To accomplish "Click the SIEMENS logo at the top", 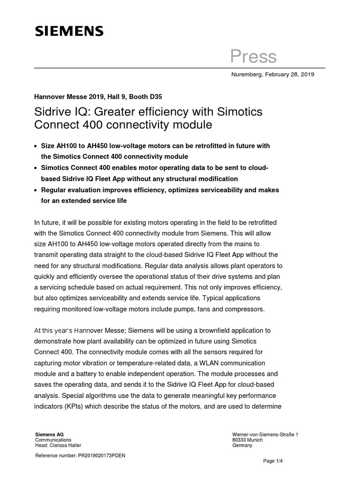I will [x=69, y=31].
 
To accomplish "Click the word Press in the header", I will [x=253, y=57].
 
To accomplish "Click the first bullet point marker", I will [x=37, y=147].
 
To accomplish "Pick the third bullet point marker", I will [x=37, y=191].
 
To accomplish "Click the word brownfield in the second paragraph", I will [x=202, y=331].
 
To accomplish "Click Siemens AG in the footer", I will [x=49, y=435].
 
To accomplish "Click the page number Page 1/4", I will [x=274, y=461].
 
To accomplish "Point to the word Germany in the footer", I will [x=242, y=445].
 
